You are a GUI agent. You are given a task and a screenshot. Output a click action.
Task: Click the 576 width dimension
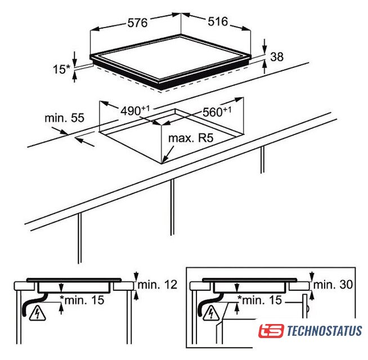[137, 22]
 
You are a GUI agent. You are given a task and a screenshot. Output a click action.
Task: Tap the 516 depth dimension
[218, 21]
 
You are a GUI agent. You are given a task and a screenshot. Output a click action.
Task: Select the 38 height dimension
[277, 57]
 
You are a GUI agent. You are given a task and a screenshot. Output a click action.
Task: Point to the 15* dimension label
[61, 69]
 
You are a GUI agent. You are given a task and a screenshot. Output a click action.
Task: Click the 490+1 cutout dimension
[135, 110]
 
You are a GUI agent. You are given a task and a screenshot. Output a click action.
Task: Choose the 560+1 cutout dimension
[217, 111]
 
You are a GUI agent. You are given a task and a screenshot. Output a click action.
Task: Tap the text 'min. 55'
[64, 118]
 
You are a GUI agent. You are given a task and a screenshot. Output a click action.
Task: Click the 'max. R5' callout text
[191, 138]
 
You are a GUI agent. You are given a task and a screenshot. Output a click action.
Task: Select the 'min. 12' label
[157, 285]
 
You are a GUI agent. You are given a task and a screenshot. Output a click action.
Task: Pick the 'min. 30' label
[333, 285]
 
